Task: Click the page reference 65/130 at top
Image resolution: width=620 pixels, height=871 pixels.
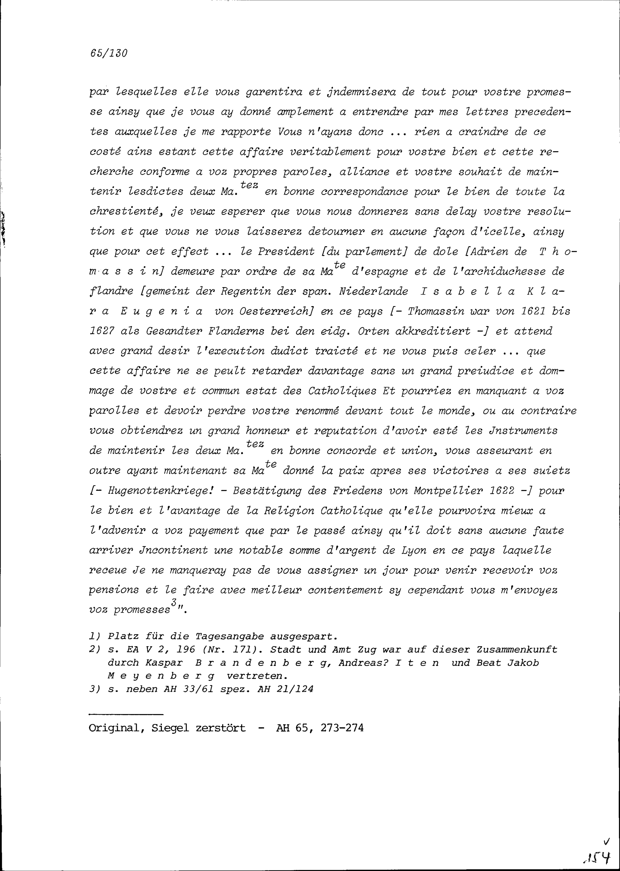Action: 108,53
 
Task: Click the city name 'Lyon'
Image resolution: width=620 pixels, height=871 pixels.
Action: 412,551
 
